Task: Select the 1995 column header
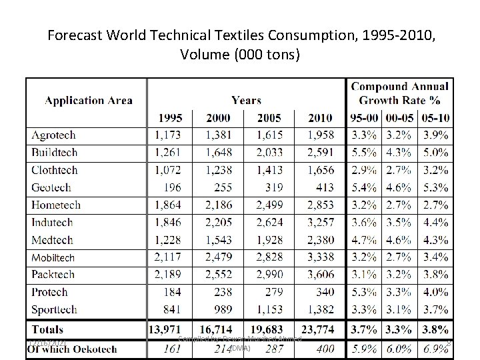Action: [171, 118]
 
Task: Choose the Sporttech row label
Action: [55, 309]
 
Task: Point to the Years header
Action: [246, 101]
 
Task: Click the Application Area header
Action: [88, 101]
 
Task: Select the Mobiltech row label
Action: [53, 257]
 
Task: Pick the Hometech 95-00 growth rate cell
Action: [364, 205]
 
